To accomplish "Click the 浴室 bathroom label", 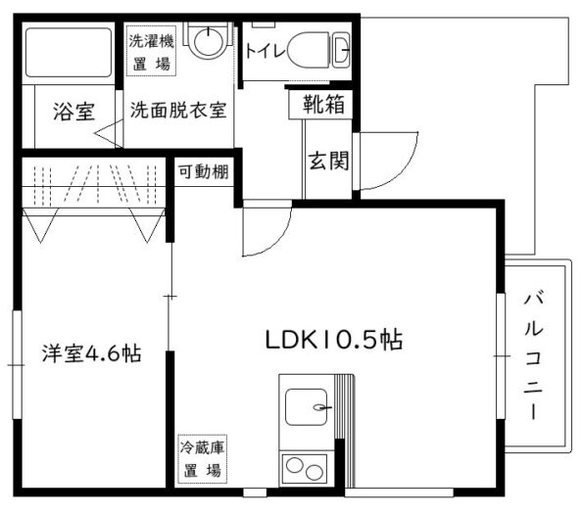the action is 73,112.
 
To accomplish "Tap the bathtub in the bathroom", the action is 69,52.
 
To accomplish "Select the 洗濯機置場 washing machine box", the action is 151,51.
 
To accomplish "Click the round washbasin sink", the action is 209,41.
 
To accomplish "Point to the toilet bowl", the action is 309,50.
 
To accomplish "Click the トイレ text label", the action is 266,52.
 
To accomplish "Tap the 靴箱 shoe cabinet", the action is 320,104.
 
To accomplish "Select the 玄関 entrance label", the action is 329,161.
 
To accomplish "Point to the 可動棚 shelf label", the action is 204,171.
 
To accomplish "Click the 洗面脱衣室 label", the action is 178,110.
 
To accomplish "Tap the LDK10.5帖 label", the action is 334,340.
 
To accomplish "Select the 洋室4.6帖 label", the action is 92,353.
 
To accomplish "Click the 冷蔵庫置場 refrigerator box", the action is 203,459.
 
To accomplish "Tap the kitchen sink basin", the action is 307,407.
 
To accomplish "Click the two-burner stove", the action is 305,469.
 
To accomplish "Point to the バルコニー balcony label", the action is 534,356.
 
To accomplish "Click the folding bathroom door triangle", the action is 109,133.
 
